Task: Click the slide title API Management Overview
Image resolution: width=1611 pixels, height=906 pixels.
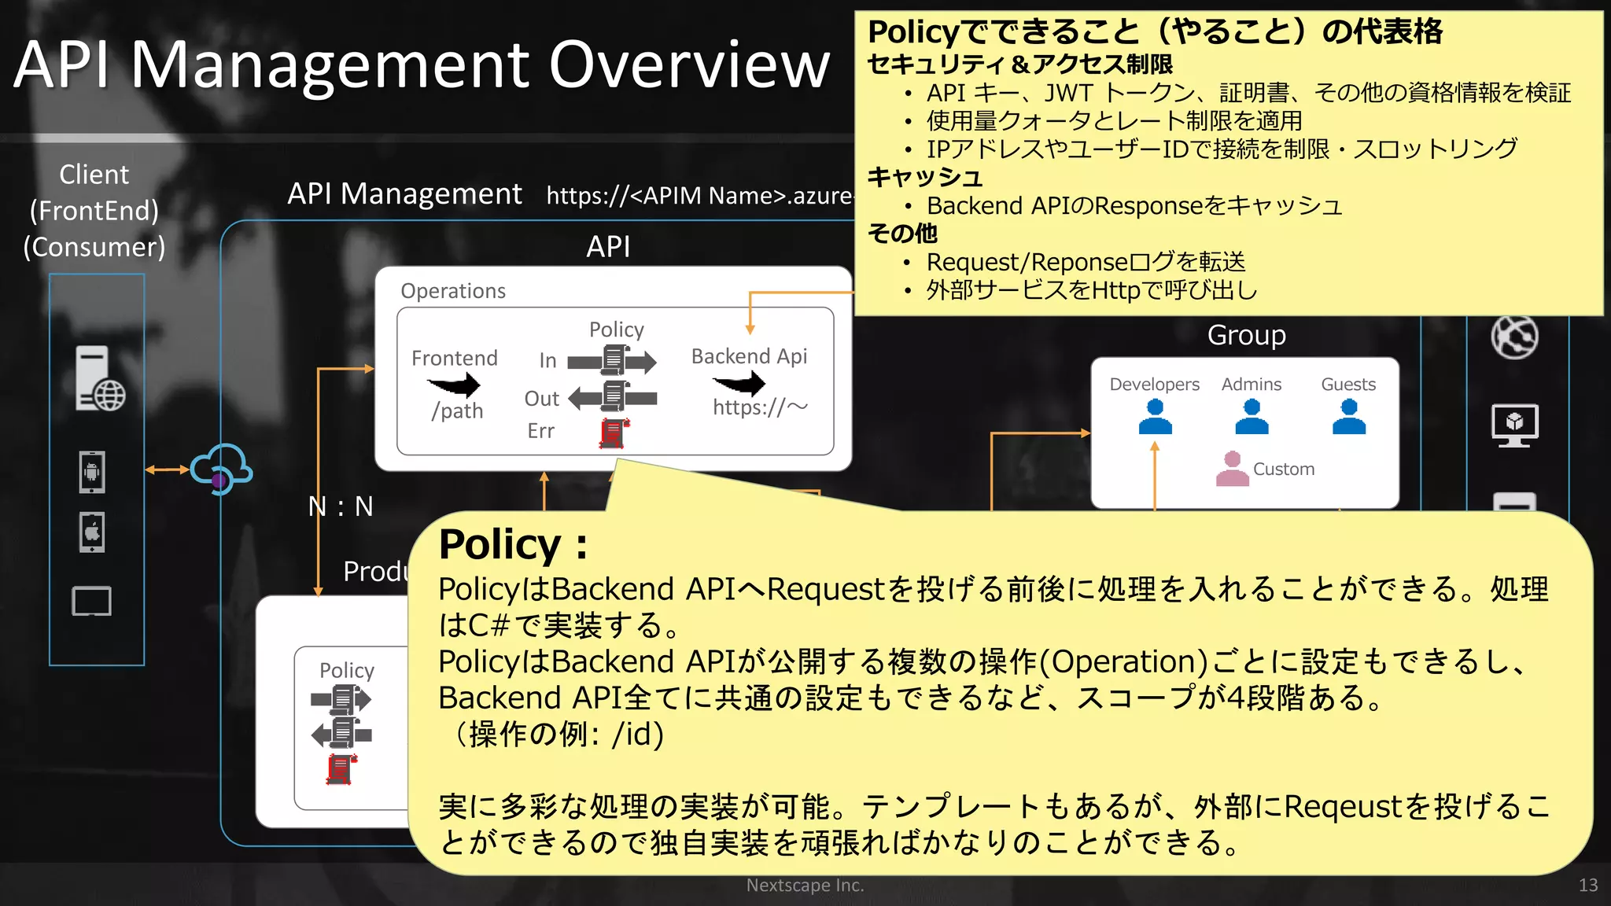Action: click(422, 64)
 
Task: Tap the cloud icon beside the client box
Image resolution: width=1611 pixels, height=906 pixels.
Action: click(221, 469)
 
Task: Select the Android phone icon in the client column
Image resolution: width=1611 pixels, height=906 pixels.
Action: click(92, 472)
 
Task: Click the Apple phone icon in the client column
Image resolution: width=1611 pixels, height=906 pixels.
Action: click(92, 532)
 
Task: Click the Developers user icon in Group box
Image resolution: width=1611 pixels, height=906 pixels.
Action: click(1155, 417)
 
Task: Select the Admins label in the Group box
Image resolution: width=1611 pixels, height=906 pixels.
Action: click(1251, 384)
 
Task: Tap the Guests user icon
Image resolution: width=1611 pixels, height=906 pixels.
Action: click(1348, 417)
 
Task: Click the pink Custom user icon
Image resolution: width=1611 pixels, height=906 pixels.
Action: click(1232, 469)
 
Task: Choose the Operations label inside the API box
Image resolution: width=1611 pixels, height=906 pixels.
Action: click(453, 291)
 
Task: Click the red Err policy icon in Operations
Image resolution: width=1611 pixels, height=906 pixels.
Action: click(614, 433)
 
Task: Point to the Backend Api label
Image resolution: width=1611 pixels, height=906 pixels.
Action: click(749, 356)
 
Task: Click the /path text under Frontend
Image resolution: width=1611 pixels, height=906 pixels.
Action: click(457, 411)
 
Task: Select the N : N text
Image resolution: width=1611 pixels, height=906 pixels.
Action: click(341, 506)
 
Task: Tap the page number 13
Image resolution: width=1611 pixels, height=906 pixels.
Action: click(1587, 886)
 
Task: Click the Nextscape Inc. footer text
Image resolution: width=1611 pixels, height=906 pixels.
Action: click(805, 886)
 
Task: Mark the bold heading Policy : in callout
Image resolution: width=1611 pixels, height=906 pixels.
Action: click(513, 544)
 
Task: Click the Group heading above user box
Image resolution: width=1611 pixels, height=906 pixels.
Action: click(1246, 335)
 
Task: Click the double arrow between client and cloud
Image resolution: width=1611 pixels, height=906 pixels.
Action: click(167, 470)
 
